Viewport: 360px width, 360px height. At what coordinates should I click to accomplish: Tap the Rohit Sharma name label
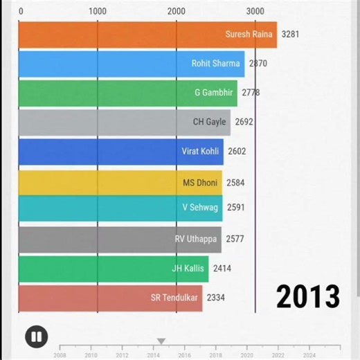click(x=215, y=64)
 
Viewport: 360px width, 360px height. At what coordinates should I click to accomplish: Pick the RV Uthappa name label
click(x=196, y=240)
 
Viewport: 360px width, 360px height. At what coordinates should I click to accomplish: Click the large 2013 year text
click(x=308, y=296)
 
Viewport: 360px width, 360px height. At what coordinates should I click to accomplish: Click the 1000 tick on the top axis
click(x=98, y=11)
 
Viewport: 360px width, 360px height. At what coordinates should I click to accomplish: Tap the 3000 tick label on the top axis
click(x=255, y=11)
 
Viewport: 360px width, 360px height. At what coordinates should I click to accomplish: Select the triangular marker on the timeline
click(x=161, y=341)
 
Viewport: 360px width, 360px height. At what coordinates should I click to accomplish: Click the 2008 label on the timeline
click(x=60, y=354)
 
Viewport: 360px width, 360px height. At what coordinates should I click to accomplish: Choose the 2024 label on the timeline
click(x=309, y=354)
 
